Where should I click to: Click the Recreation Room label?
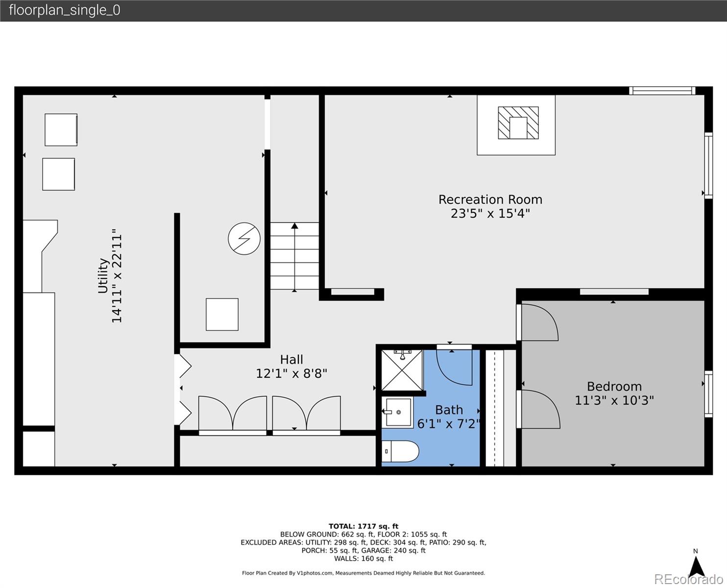tap(490, 199)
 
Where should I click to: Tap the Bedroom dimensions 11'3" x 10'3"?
tap(614, 400)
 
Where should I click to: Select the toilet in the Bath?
tap(400, 451)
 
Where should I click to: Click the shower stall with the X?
tap(402, 370)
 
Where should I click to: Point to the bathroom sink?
tap(397, 412)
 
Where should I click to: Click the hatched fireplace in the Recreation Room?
tap(518, 123)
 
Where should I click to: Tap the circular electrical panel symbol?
tap(244, 239)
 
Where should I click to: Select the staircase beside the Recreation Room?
tap(294, 256)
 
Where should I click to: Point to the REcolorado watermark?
tap(688, 579)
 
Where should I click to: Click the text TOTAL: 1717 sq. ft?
tap(363, 526)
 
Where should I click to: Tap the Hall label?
tap(291, 359)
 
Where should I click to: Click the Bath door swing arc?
tap(454, 367)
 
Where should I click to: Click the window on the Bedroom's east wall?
tap(708, 394)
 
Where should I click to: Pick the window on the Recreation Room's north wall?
tap(662, 91)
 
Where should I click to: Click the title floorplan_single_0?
tap(65, 10)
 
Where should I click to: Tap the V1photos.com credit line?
tap(363, 573)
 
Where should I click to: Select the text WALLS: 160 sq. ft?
tap(363, 559)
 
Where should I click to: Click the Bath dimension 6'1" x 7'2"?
tap(448, 424)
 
